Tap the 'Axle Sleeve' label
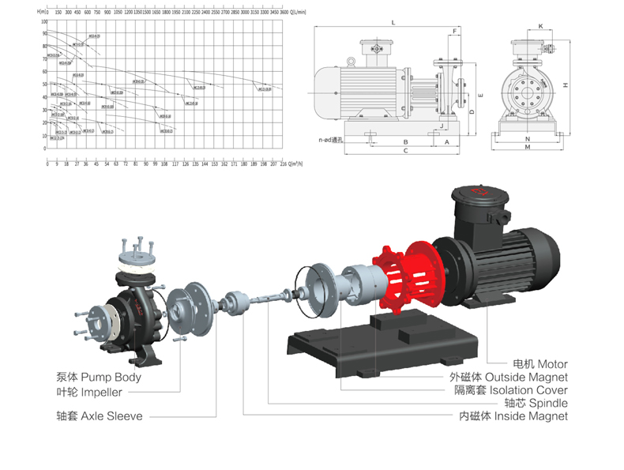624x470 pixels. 100,415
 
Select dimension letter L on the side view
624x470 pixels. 393,24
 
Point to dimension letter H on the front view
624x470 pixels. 566,85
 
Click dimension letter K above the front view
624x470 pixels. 540,26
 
